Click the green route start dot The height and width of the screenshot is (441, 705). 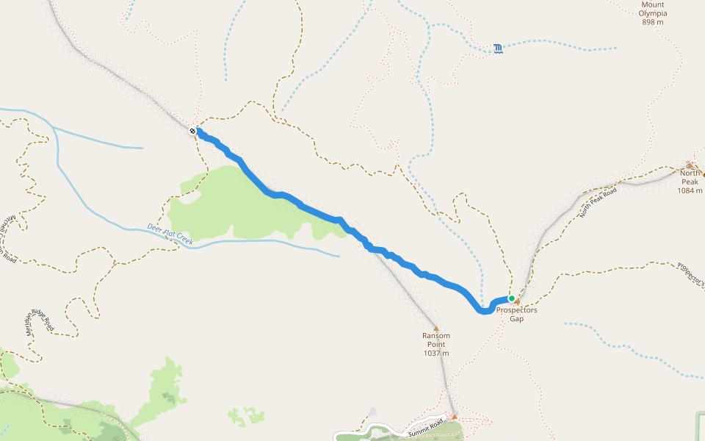click(x=511, y=298)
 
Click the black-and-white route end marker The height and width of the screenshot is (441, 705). click(x=192, y=131)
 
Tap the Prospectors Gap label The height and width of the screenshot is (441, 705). click(x=516, y=315)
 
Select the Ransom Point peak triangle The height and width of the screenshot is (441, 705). click(x=435, y=329)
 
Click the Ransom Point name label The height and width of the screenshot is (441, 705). click(x=435, y=340)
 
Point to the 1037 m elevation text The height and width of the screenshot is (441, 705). click(x=435, y=353)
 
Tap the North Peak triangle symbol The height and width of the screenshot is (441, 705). click(x=690, y=165)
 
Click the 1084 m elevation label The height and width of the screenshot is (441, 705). click(x=690, y=191)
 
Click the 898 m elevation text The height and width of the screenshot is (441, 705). click(x=652, y=22)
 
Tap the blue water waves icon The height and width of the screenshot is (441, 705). click(x=499, y=49)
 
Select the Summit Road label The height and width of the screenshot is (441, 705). click(x=427, y=429)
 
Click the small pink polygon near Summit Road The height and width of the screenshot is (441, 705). click(x=373, y=412)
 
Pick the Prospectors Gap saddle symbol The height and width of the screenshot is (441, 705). click(x=518, y=301)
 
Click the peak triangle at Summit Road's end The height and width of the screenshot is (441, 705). click(x=454, y=417)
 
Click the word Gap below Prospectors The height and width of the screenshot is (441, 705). click(x=516, y=319)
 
